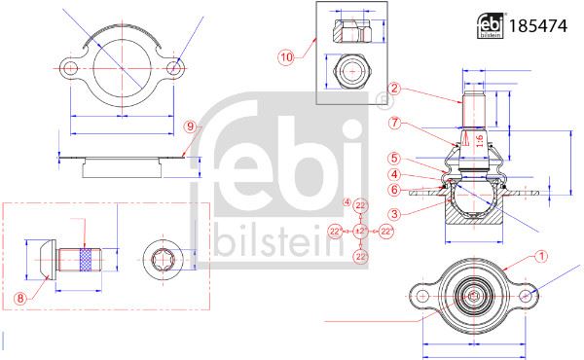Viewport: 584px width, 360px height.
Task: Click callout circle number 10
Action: click(286, 57)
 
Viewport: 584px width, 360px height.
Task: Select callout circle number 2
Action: click(394, 89)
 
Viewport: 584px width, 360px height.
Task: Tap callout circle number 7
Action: click(394, 123)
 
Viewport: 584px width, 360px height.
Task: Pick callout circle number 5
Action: click(394, 159)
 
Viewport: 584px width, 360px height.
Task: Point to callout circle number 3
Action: click(394, 214)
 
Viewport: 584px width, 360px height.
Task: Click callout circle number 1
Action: click(541, 256)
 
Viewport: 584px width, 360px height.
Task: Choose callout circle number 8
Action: click(20, 298)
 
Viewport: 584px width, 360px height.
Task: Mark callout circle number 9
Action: click(191, 126)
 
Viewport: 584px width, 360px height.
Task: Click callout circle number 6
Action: click(394, 190)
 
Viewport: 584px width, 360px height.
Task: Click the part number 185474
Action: click(537, 26)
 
